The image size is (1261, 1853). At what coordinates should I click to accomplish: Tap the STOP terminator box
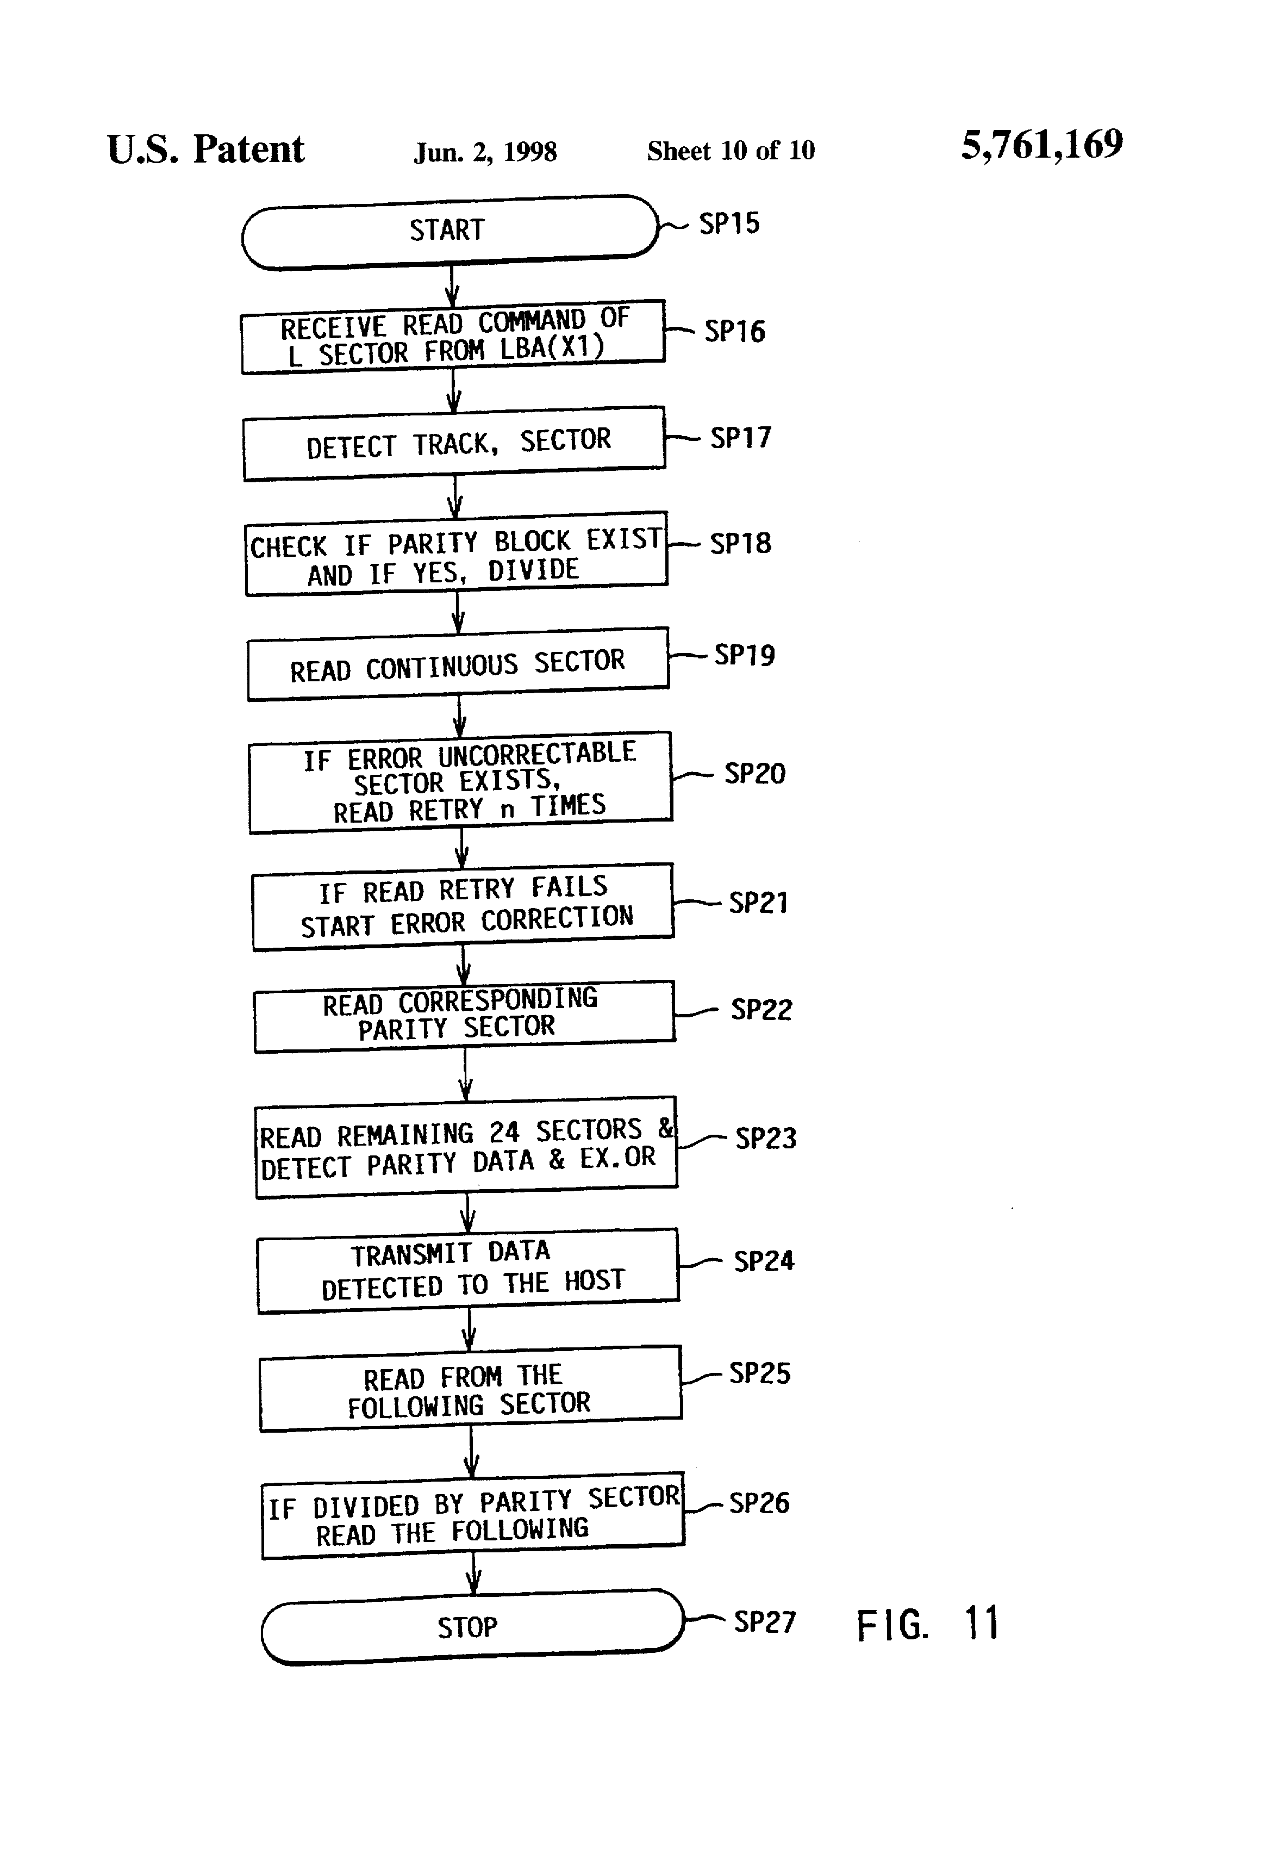(x=473, y=1627)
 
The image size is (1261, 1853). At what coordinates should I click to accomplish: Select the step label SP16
(x=734, y=331)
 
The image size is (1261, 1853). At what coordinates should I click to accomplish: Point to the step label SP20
(x=754, y=773)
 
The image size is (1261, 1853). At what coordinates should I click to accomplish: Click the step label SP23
(x=765, y=1138)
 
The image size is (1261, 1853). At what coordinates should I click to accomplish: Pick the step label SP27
(x=764, y=1622)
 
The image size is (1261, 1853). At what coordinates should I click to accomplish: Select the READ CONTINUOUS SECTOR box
(x=458, y=664)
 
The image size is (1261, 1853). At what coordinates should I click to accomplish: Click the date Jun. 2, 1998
(x=485, y=152)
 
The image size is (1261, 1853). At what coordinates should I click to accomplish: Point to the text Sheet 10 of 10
(x=731, y=150)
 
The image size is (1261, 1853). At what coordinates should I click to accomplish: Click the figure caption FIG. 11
(x=928, y=1624)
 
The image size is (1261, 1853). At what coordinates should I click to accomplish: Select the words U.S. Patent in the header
(x=205, y=149)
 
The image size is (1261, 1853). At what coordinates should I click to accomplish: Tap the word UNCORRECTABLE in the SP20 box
(x=537, y=754)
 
